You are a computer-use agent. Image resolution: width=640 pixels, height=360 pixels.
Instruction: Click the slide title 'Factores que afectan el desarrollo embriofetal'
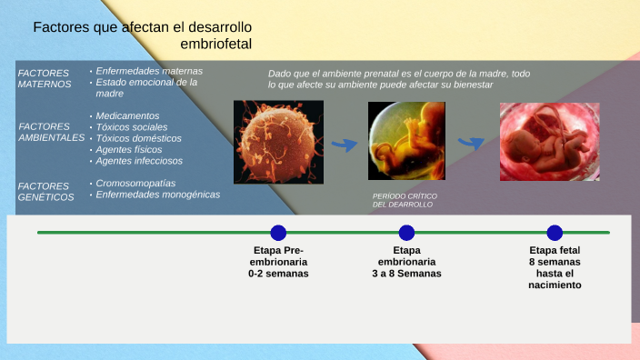143,35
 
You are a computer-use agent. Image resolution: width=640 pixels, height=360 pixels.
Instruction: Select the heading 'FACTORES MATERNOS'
45,78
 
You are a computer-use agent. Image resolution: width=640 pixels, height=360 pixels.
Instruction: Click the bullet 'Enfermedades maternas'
149,71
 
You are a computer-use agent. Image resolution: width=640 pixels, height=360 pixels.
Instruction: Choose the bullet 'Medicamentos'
127,116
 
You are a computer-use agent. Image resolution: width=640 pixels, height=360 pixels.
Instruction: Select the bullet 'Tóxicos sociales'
132,127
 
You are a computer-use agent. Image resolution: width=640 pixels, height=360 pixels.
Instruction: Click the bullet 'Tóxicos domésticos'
138,138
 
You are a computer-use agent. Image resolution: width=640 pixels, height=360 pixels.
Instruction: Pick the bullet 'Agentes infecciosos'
139,160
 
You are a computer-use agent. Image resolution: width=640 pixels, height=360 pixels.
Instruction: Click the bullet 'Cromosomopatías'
135,183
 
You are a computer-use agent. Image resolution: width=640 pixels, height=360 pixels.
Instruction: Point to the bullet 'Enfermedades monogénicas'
157,194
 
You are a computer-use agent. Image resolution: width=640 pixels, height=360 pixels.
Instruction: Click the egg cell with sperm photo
278,142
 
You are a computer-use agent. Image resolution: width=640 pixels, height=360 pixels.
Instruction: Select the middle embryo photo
406,141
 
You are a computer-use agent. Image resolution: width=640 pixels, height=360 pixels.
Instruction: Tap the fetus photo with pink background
550,141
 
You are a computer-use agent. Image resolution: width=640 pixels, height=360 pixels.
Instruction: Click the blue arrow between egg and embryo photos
344,144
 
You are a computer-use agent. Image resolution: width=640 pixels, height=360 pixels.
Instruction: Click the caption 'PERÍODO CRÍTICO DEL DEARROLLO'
403,200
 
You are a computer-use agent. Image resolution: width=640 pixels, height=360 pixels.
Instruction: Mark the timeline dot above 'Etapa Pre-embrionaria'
278,233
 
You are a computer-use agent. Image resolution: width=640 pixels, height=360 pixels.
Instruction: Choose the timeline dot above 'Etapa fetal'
555,233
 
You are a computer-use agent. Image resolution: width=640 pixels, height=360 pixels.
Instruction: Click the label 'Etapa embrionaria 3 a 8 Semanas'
406,262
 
